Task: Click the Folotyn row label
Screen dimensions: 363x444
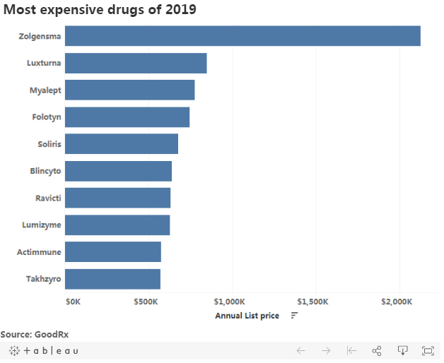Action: pyautogui.click(x=47, y=117)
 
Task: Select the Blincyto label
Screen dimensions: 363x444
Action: pyautogui.click(x=46, y=171)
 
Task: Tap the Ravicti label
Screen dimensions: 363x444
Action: pyautogui.click(x=48, y=198)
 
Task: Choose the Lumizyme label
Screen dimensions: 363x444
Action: pyautogui.click(x=42, y=225)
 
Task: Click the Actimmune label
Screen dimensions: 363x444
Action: pyautogui.click(x=40, y=252)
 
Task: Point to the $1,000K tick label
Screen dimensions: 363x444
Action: pyautogui.click(x=230, y=302)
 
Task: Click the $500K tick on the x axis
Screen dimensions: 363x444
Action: pyautogui.click(x=146, y=302)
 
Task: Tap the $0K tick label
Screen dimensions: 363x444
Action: pyautogui.click(x=73, y=302)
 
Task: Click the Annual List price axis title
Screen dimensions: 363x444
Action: pyautogui.click(x=247, y=316)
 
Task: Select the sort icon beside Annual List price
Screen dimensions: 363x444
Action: pyautogui.click(x=294, y=316)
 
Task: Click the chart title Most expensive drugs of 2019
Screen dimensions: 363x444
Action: pyautogui.click(x=100, y=10)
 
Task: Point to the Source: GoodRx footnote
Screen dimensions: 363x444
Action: pyautogui.click(x=35, y=334)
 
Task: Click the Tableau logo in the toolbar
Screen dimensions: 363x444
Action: pyautogui.click(x=44, y=351)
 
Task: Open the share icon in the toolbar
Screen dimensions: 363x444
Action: pyautogui.click(x=377, y=351)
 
